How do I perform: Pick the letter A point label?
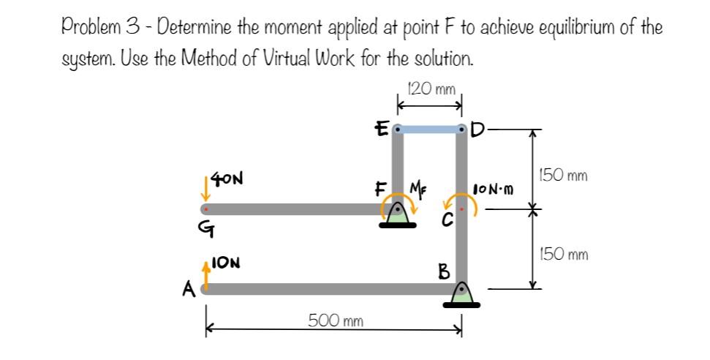click(189, 291)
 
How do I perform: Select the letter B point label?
click(443, 272)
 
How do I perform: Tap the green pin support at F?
click(399, 215)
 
